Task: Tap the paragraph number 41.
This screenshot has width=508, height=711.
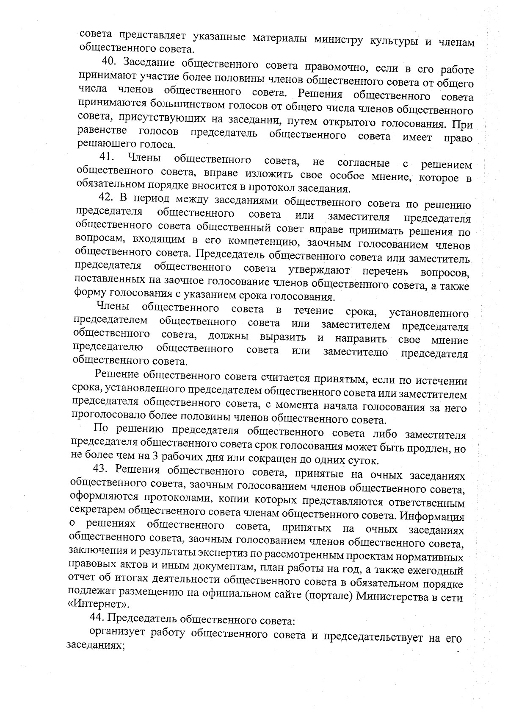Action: (x=107, y=158)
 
